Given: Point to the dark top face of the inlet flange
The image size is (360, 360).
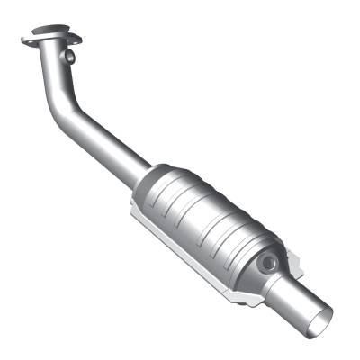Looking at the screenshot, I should tap(49, 38).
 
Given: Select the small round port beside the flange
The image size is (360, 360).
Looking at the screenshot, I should tap(69, 57).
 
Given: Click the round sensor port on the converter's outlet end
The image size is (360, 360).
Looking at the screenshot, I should tap(267, 263).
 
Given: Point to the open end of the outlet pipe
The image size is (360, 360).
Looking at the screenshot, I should tap(321, 316).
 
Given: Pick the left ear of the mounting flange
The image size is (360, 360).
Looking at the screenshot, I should tap(26, 39).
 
